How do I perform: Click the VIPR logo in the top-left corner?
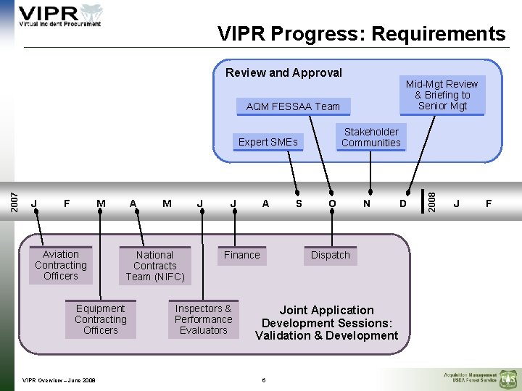coord(60,16)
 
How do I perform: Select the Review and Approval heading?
coord(283,72)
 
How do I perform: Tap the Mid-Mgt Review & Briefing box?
coord(442,95)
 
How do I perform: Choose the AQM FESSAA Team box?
coord(293,106)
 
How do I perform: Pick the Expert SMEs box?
coord(268,142)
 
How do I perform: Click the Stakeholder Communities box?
coord(370,138)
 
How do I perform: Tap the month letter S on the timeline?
coord(299,204)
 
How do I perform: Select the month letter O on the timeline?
coord(332,204)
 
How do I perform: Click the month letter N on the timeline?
coord(367,204)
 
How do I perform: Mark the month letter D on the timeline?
coord(403,204)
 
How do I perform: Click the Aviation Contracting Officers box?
coord(61,265)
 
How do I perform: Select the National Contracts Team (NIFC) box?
coord(154,266)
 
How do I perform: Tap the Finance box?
coord(241,255)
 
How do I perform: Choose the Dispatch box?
coord(330,255)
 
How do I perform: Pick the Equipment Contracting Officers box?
coord(100,319)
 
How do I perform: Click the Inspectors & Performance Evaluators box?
coord(203,319)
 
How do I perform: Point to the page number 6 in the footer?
coord(265,380)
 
